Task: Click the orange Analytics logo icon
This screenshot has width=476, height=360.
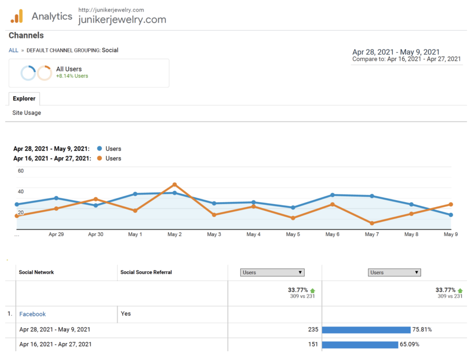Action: click(x=17, y=16)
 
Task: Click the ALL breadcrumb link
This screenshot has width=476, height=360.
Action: click(x=13, y=50)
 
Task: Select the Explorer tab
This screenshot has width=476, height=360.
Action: click(x=24, y=98)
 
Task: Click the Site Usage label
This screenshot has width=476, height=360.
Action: click(x=26, y=113)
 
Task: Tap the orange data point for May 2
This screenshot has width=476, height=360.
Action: click(x=175, y=184)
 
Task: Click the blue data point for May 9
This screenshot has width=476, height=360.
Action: click(x=451, y=215)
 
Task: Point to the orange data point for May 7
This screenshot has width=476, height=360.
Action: click(x=372, y=223)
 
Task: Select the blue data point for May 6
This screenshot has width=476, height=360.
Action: click(x=332, y=195)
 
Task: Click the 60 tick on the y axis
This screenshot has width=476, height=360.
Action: click(x=20, y=171)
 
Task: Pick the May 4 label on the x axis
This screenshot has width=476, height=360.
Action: click(x=253, y=234)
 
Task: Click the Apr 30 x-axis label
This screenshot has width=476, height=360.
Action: click(x=96, y=234)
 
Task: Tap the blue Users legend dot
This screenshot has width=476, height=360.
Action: click(x=99, y=149)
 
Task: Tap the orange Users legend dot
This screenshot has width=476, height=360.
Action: click(x=99, y=158)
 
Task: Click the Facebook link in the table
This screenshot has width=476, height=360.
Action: click(x=33, y=314)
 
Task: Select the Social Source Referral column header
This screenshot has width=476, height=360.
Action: click(x=146, y=272)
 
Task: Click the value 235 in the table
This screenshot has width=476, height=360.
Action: click(x=313, y=330)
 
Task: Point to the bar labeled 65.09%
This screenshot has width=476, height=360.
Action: click(x=360, y=345)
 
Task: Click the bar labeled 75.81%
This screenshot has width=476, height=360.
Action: click(x=366, y=330)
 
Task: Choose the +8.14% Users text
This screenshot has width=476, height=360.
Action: click(x=72, y=76)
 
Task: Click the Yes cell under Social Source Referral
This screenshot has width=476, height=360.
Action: click(x=126, y=314)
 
